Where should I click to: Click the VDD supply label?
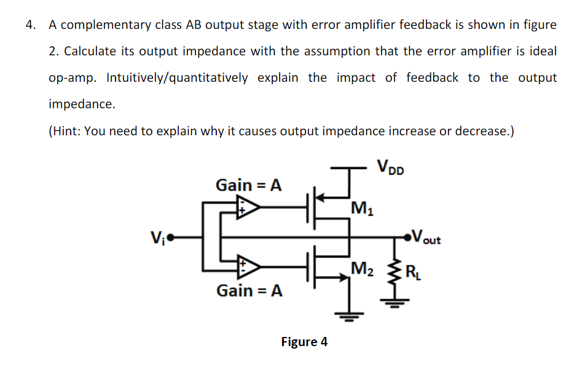tap(390, 167)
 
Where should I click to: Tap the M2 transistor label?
tap(361, 268)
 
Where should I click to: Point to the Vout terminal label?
tap(428, 237)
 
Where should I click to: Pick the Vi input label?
tap(157, 237)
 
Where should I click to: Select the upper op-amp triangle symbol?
tap(249, 209)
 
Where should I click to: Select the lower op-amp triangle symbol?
tap(249, 266)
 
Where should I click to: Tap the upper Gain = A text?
tap(248, 184)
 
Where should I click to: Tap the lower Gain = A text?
tap(249, 290)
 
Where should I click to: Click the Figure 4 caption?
tap(304, 342)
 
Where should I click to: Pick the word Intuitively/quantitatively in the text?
tap(178, 78)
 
